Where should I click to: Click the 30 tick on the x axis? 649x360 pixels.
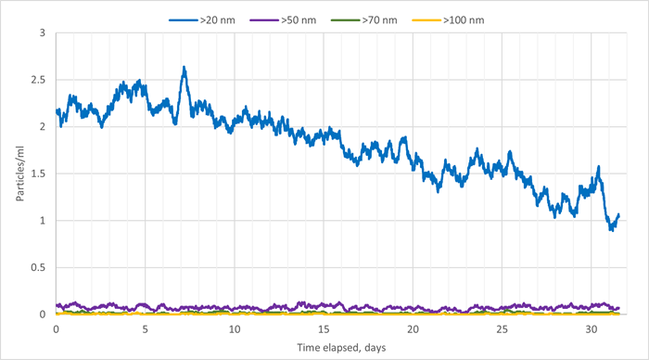591,328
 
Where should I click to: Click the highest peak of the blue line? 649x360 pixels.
185,68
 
